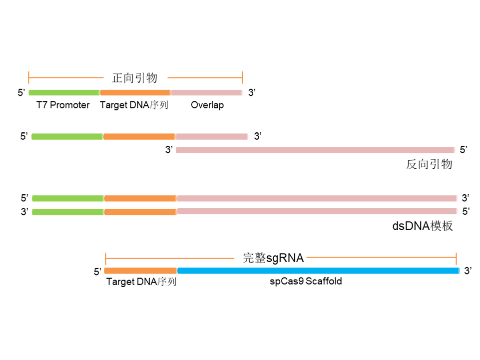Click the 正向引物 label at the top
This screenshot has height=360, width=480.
click(135, 78)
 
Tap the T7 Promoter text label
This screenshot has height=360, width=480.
click(63, 105)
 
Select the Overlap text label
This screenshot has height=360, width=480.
click(207, 105)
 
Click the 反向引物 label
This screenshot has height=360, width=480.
click(429, 164)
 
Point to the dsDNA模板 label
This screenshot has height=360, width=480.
click(423, 226)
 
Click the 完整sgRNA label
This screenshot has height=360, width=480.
click(273, 258)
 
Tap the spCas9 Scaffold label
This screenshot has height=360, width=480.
click(306, 281)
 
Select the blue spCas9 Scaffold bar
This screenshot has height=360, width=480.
click(318, 271)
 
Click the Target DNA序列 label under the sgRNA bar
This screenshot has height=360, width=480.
click(141, 282)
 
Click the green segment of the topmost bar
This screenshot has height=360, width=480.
click(64, 92)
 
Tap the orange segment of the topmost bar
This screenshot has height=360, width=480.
click(135, 92)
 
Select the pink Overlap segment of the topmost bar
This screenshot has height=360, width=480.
click(206, 92)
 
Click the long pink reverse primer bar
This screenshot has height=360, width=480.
click(315, 150)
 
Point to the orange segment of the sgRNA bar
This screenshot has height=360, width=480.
click(140, 271)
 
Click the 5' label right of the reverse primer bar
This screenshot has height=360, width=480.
click(464, 149)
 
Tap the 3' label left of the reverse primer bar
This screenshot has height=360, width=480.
click(169, 150)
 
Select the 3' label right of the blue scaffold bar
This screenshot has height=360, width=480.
click(468, 271)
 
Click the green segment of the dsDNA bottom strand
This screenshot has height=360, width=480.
click(67, 212)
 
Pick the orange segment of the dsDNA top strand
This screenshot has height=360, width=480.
click(140, 198)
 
